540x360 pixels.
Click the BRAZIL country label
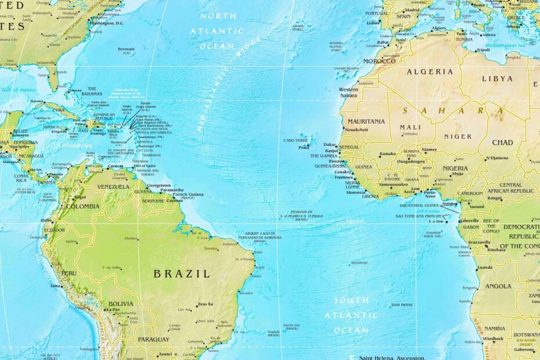(x=181, y=273)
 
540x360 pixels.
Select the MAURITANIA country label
(x=366, y=121)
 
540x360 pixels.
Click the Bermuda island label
(x=126, y=49)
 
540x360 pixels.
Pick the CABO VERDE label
(x=296, y=141)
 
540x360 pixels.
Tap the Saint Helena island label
(x=402, y=304)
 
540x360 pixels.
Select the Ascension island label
(x=359, y=262)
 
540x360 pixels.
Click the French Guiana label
(x=189, y=195)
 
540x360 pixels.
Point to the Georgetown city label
(x=159, y=185)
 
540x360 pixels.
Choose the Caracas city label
(x=116, y=166)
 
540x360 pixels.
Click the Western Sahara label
(x=348, y=92)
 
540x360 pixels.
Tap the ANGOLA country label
(x=498, y=286)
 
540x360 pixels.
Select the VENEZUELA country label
(x=113, y=187)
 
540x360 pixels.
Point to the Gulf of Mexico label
(x=19, y=90)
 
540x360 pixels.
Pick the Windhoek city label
(x=494, y=339)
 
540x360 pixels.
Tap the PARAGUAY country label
(x=154, y=339)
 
